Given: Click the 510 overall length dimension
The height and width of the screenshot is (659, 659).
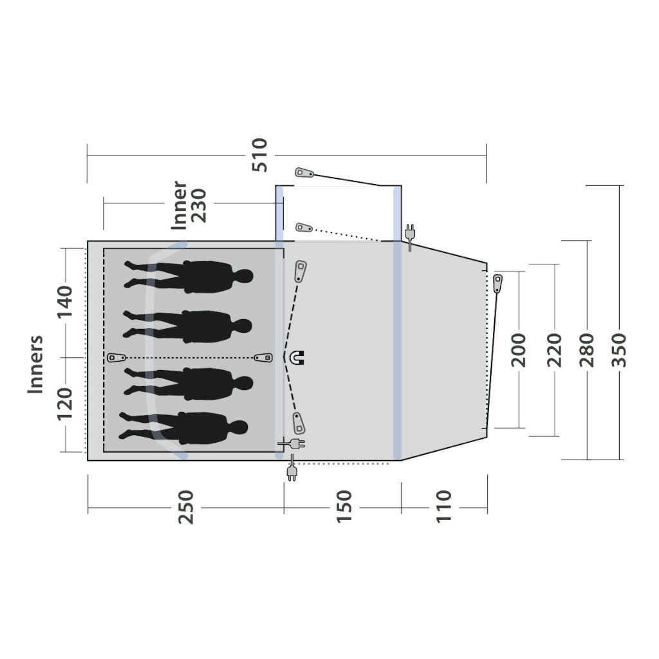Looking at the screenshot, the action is (260, 155).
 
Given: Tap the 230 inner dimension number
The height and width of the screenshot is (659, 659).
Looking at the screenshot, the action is (199, 205).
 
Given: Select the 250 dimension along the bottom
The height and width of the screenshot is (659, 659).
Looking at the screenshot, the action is (186, 507).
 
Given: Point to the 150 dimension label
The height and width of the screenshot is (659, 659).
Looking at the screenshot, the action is (344, 506).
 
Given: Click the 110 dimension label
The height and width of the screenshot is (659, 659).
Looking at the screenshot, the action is (444, 506).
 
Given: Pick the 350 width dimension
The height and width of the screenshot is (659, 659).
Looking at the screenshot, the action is (618, 350).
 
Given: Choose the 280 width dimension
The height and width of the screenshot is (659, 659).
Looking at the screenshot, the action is (587, 350).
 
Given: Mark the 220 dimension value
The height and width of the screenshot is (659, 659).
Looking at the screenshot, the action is (554, 350).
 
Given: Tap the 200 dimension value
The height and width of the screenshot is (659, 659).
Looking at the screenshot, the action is (519, 350).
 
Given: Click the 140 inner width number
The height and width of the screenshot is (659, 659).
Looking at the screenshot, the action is (65, 302).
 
